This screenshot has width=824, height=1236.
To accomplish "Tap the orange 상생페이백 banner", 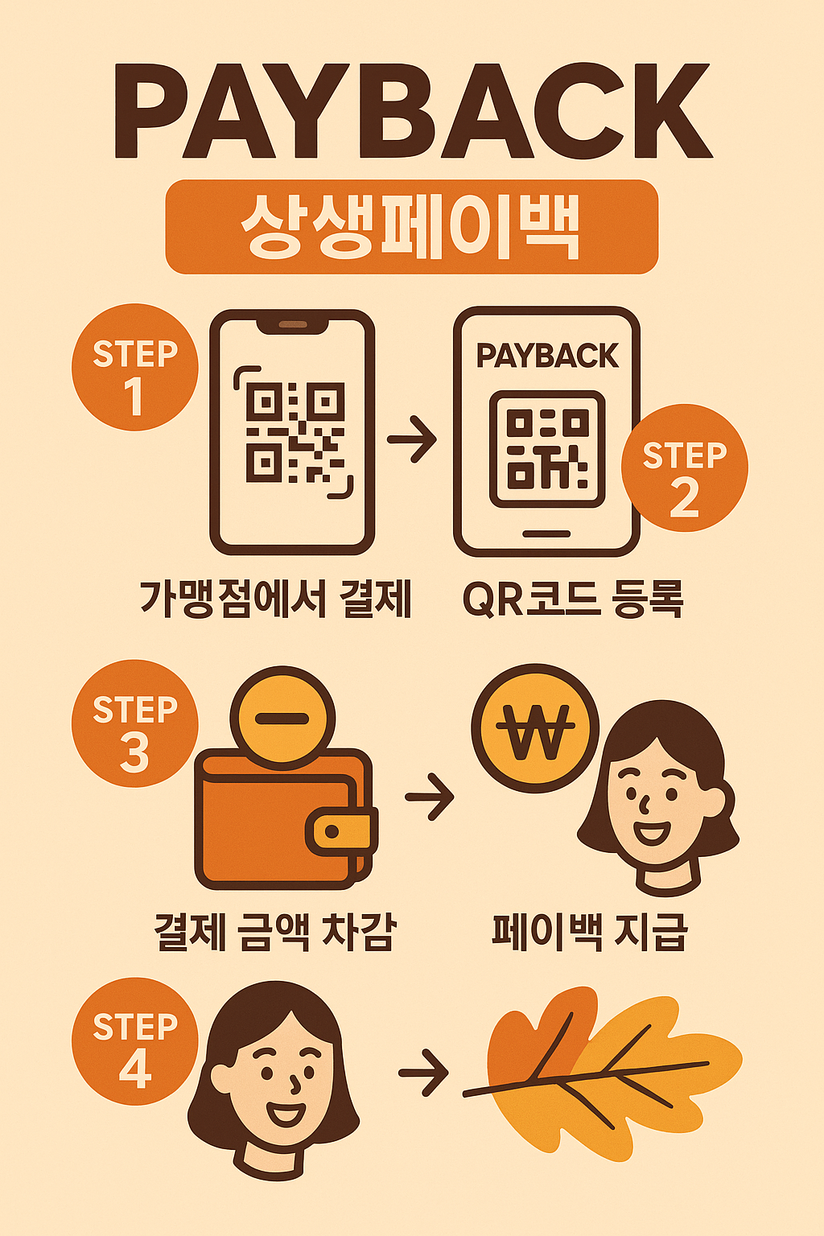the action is [411, 226].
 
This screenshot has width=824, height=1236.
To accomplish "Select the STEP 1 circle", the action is [134, 367].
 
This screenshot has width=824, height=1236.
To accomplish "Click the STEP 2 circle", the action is [685, 468].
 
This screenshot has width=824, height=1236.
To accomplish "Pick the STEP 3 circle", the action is [134, 723].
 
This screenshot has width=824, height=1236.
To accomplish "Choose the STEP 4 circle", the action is [134, 1040].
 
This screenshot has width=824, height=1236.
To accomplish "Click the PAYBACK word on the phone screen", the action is [547, 356].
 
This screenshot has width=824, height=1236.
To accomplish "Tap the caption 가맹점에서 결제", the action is [276, 599].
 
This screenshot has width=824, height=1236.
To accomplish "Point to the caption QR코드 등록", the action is [573, 599].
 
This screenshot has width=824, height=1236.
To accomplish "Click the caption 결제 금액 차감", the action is [275, 933].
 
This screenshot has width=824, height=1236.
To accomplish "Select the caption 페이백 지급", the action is [590, 933].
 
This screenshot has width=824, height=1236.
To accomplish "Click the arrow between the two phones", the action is [412, 439].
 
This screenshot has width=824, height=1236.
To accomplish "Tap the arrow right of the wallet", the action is [430, 797].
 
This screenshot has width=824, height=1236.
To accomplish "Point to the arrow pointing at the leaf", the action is [423, 1073].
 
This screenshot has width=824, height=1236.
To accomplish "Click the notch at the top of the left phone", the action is [292, 324].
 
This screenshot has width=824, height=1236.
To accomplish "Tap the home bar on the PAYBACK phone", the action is [546, 534].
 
